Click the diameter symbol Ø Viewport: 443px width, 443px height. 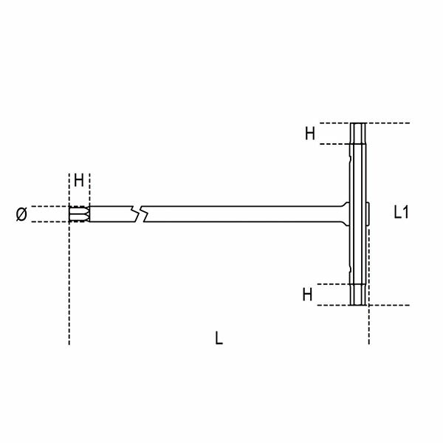point(21,214)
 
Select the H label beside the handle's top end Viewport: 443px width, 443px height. point(310,133)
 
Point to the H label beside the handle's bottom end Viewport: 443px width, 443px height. point(307,294)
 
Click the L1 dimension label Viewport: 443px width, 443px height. point(402,213)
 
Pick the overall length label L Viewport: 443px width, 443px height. point(219,338)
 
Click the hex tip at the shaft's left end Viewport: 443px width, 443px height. point(78,214)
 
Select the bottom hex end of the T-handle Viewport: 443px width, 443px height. point(358,295)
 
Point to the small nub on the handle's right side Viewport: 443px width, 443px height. point(368,213)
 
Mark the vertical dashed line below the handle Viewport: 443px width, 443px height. point(368,325)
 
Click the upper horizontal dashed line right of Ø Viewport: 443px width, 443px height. point(52,207)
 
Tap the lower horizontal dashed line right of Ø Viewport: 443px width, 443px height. point(52,221)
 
